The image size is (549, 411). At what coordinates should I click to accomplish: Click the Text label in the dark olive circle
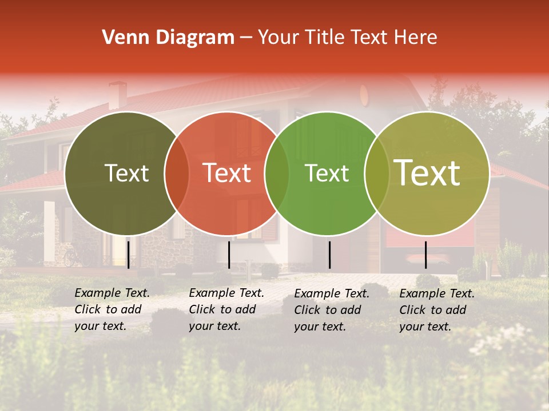click(x=126, y=173)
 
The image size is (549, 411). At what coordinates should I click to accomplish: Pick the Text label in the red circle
click(x=226, y=173)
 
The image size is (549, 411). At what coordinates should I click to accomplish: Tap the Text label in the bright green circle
click(x=327, y=173)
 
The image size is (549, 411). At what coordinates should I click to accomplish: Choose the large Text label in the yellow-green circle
click(x=427, y=173)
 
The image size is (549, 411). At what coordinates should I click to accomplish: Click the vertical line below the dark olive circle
click(x=128, y=254)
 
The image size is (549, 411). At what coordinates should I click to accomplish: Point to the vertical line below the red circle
click(x=229, y=255)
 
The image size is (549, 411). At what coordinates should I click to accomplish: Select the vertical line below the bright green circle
click(x=329, y=255)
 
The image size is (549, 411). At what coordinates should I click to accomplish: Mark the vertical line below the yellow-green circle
click(x=425, y=255)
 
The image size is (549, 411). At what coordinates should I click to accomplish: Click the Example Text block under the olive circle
click(x=112, y=309)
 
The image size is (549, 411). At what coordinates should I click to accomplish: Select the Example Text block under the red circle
click(x=226, y=309)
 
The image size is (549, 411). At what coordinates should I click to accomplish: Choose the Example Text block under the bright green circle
click(x=332, y=310)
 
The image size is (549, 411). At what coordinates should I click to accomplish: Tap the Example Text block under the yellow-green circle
click(x=437, y=310)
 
